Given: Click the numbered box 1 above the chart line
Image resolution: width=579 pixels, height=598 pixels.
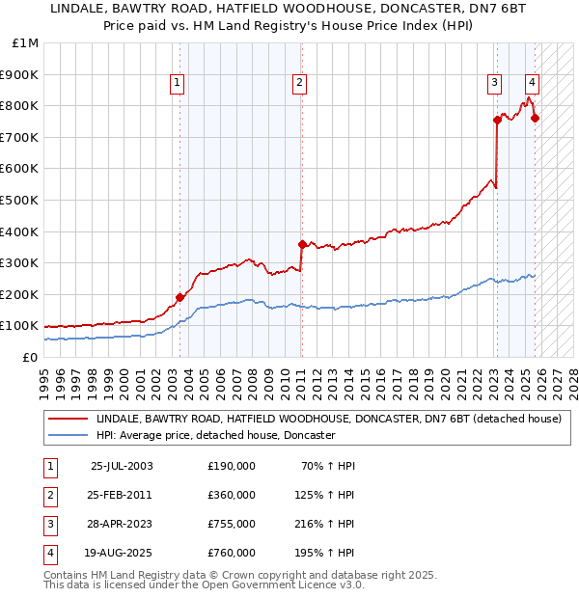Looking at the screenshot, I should tap(179, 84).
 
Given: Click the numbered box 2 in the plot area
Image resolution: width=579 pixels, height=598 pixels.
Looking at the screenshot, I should tap(300, 84).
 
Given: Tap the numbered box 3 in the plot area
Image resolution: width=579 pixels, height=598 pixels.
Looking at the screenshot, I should tap(493, 84).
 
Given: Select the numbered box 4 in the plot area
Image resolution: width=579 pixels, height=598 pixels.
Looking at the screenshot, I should tap(532, 84).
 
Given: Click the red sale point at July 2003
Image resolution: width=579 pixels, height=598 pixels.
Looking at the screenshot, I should tap(179, 297).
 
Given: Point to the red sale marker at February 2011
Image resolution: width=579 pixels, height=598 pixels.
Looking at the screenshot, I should tap(302, 244).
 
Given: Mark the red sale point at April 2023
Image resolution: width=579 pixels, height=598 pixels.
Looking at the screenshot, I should tap(497, 120).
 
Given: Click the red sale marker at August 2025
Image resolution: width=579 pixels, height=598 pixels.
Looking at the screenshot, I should tap(536, 119).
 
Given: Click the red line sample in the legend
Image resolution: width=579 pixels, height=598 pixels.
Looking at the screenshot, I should tap(69, 420).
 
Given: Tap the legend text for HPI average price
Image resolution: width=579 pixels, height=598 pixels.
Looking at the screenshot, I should tap(215, 435).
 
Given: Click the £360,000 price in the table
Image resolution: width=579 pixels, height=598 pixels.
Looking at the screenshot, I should tap(232, 495).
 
